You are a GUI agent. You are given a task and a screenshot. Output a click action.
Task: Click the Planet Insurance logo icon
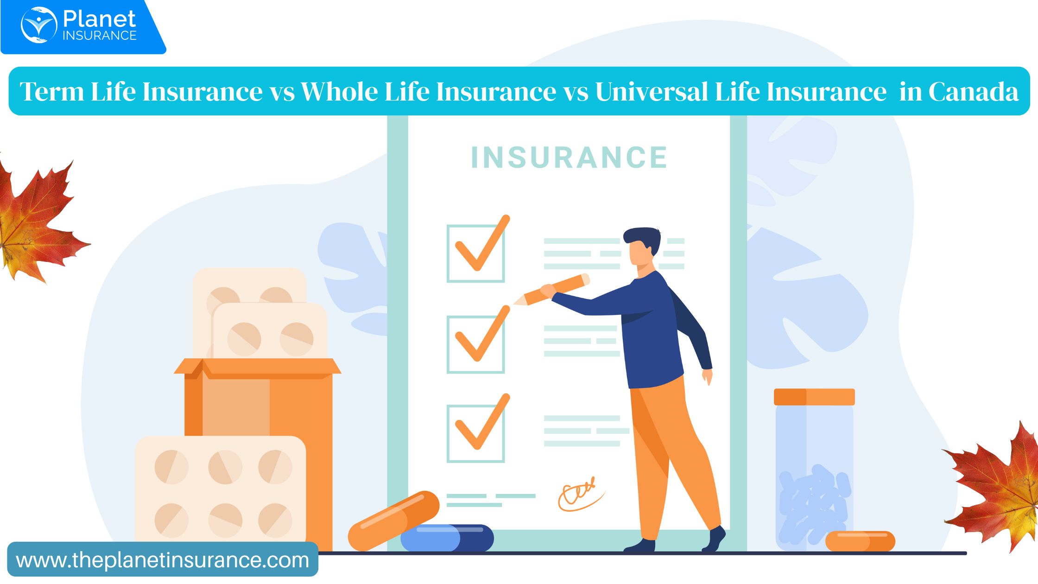point(39,25)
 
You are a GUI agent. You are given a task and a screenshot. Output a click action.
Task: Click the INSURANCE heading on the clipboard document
point(569,158)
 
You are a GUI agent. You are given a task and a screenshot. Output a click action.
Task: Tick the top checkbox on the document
point(476,253)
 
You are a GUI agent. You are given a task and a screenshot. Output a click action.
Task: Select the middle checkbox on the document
point(476,344)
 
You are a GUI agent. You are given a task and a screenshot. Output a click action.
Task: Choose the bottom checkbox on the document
point(476,433)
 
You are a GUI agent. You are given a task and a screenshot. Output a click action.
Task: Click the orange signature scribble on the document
point(580,495)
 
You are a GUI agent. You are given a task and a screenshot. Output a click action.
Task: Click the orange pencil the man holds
point(551,290)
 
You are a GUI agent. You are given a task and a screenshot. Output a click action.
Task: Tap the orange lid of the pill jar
point(814,397)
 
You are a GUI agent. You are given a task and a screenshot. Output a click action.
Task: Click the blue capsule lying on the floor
point(447,538)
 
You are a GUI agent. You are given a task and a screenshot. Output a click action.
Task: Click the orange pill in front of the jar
point(860,541)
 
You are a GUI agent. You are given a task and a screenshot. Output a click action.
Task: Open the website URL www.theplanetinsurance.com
point(163,560)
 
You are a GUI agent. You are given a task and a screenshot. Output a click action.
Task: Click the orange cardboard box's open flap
point(257,368)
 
